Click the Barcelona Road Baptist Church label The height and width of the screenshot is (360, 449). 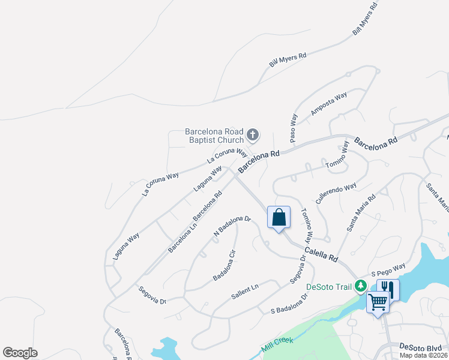[x=214, y=136]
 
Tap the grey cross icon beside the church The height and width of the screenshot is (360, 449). [x=253, y=135]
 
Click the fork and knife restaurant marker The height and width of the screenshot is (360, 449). [x=387, y=290]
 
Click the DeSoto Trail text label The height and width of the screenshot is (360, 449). [x=328, y=287]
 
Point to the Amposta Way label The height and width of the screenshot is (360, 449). [x=328, y=104]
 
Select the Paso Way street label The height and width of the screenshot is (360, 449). [x=294, y=127]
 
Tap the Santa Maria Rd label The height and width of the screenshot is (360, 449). [x=360, y=212]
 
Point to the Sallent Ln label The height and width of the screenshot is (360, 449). [x=244, y=292]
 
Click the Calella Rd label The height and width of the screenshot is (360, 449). [x=321, y=254]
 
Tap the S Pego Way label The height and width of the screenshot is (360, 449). [x=388, y=269]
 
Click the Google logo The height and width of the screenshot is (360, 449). [x=20, y=353]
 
